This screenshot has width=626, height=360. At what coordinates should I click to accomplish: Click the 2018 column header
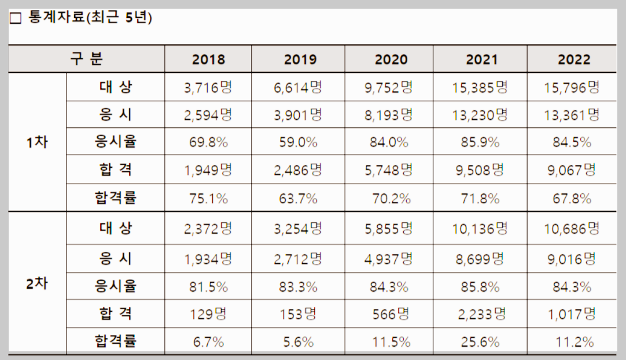point(208,59)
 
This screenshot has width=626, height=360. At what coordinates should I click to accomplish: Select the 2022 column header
point(573,59)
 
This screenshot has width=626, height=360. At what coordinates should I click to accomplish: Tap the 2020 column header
point(391,59)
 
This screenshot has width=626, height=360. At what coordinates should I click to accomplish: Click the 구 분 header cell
point(87,58)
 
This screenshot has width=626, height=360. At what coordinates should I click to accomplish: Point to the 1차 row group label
point(37,142)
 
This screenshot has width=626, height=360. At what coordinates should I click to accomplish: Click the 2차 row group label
point(37,284)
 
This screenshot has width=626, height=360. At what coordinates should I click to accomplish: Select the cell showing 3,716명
point(208,87)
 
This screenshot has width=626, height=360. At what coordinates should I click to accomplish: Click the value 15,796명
point(572,87)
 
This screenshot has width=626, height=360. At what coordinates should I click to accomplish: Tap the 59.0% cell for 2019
point(298,142)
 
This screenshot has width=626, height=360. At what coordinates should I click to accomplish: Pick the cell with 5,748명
point(389,170)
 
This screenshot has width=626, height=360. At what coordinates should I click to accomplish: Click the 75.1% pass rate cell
point(208,199)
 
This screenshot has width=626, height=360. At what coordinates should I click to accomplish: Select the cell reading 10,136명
point(480,229)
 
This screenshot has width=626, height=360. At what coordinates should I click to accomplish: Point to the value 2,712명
point(298,258)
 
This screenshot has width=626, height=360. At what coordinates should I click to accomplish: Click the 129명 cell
point(208,314)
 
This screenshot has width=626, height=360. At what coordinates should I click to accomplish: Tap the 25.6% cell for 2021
point(480,342)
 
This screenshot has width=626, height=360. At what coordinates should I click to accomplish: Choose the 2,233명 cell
point(480,314)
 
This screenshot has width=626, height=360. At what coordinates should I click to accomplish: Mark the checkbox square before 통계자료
point(16,19)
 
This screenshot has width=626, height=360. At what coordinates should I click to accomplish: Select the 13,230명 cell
point(480,115)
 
